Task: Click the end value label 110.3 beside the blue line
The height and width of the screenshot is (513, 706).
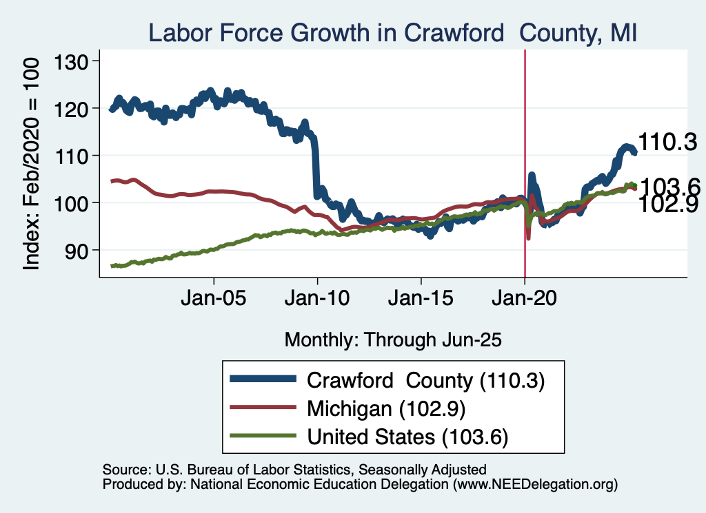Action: point(667,143)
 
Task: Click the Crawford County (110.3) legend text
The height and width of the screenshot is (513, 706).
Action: point(426,380)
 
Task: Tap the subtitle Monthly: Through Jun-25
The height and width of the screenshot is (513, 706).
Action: point(392,339)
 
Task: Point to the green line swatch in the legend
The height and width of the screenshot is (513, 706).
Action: point(264,437)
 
